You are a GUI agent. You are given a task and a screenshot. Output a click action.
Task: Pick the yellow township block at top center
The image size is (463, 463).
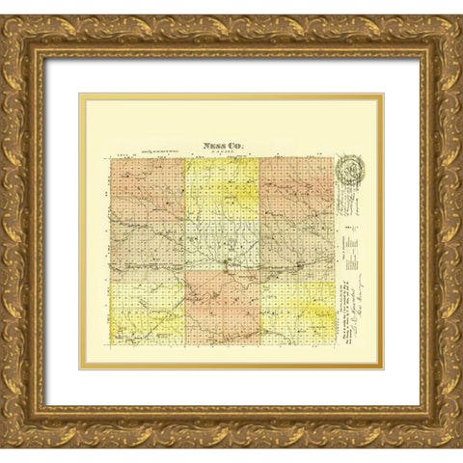(x=222, y=189)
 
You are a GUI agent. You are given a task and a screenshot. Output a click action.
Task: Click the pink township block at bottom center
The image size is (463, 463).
(x=222, y=308)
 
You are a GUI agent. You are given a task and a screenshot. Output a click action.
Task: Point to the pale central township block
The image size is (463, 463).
(x=222, y=247)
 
